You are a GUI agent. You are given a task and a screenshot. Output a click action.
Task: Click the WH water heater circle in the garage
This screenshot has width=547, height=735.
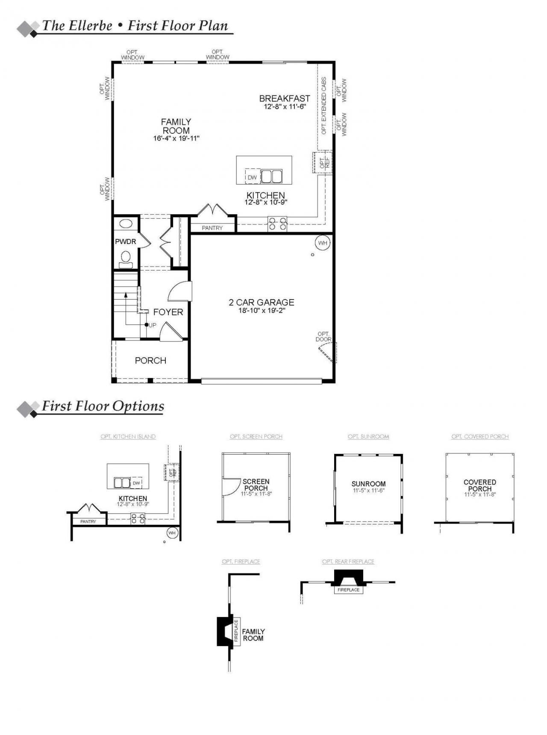[323, 243]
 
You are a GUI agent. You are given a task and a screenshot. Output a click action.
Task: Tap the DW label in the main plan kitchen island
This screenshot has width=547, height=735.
[252, 177]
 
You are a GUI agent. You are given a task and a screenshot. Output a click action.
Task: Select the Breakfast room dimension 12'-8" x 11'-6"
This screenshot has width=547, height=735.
[285, 107]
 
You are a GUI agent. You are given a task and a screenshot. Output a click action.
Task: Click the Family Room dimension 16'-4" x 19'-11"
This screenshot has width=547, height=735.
[176, 138]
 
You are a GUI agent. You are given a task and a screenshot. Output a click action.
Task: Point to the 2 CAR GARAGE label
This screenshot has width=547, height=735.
[262, 302]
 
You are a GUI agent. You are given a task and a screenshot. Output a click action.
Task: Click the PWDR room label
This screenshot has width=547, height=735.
[125, 242]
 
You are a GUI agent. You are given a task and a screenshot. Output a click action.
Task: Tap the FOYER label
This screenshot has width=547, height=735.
[168, 312]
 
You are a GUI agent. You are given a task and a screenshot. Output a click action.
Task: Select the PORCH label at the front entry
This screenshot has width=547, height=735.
[150, 361]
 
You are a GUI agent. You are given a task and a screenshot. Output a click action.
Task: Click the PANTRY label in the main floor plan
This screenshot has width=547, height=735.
[212, 228]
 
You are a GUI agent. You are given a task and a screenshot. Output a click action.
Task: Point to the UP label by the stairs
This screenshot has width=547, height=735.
[153, 325]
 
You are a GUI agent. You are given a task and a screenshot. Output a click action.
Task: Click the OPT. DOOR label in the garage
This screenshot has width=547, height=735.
[323, 337]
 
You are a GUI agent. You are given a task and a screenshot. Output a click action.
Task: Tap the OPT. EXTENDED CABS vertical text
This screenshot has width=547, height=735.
[324, 106]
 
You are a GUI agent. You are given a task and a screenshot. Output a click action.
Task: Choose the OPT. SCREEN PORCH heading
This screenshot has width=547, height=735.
[256, 437]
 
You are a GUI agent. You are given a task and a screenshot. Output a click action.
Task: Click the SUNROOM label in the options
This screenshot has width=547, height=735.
[368, 484]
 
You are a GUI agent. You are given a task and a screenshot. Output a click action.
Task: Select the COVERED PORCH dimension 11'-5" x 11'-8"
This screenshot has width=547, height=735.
[480, 495]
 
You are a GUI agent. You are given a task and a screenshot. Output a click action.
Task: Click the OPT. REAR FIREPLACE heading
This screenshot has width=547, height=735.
[348, 562]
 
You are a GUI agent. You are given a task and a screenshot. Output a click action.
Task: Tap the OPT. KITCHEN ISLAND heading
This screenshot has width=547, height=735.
[128, 437]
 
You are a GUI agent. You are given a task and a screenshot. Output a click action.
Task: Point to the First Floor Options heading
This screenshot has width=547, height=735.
[103, 406]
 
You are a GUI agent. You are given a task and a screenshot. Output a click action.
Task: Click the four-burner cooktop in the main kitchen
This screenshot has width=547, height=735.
[277, 224]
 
